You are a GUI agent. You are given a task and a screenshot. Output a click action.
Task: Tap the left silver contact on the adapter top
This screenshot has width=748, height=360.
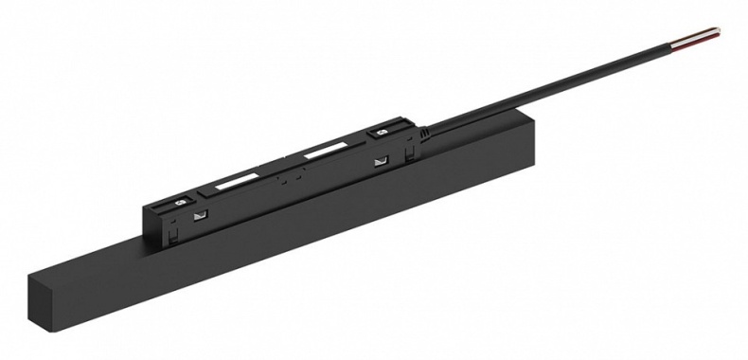coord(178,203)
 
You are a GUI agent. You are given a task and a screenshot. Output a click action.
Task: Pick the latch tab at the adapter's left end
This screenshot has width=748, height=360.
coord(157,210)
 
